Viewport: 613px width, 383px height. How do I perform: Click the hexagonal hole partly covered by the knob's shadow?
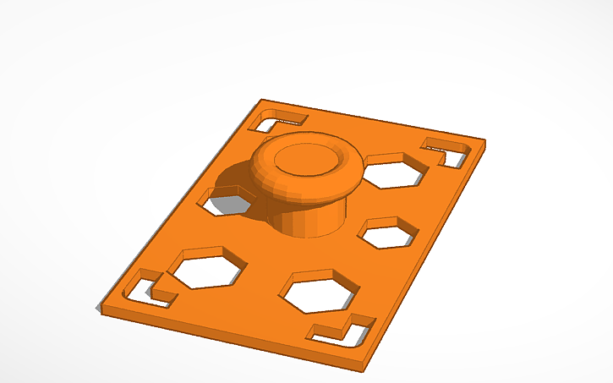tap(229, 200)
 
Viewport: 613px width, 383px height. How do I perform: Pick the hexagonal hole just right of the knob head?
tap(392, 171)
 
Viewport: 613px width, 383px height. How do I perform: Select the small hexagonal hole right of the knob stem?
tap(390, 233)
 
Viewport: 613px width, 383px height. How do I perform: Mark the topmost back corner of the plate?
tap(258, 101)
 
